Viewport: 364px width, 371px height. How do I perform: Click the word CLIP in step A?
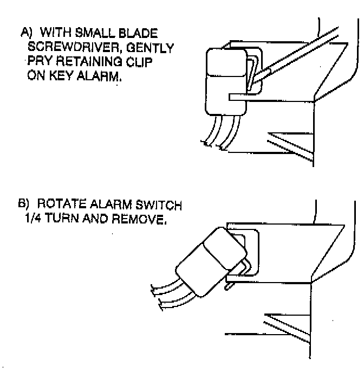coord(140,62)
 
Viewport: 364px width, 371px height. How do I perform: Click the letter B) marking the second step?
coord(25,206)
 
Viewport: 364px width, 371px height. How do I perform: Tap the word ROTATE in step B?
coord(58,206)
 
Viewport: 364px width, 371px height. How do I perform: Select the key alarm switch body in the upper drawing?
coord(222,81)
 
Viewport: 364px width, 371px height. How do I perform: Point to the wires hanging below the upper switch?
coord(219,133)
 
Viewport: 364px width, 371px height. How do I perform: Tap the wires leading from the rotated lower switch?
coord(168,296)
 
